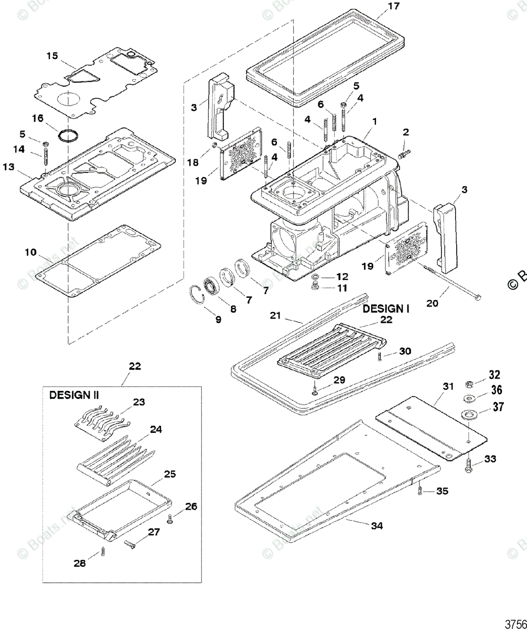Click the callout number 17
(393, 6)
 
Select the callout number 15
(52, 56)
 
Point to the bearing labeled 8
(211, 287)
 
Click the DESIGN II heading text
(74, 395)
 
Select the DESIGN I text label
(386, 309)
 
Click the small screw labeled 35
(421, 491)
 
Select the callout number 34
(377, 526)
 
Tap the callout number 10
(30, 253)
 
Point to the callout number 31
(447, 386)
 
